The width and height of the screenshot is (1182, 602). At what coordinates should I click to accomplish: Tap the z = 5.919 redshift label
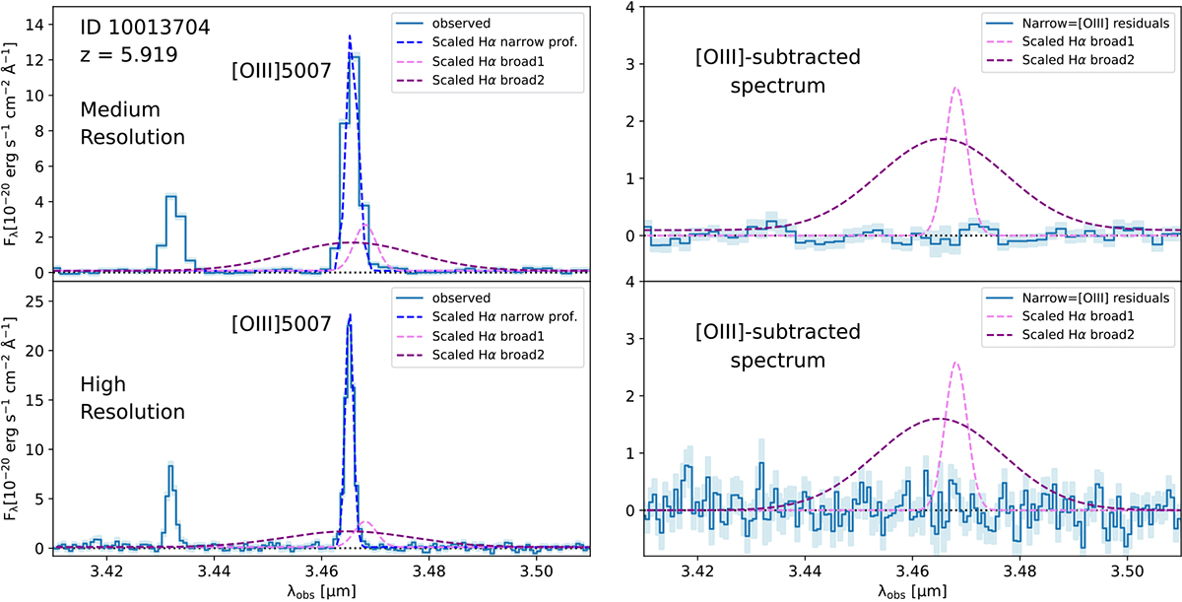tap(129, 55)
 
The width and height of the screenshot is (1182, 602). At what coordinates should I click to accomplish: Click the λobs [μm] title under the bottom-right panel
tap(911, 589)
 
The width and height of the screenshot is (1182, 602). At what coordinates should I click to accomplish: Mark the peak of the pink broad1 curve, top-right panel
tap(955, 88)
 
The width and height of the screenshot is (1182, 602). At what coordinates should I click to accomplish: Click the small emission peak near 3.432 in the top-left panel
tap(170, 196)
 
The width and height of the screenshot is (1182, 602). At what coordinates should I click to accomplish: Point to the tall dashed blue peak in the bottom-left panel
tap(350, 315)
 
